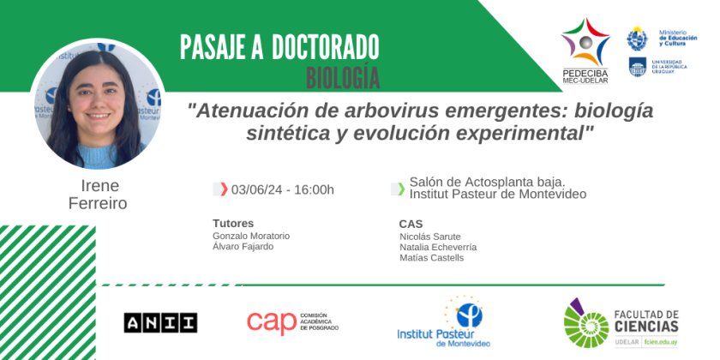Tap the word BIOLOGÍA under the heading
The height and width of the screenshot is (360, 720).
point(343,79)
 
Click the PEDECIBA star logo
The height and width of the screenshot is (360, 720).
point(585,42)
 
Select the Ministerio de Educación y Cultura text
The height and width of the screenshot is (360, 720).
point(678,38)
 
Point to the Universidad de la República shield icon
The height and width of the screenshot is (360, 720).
point(638,67)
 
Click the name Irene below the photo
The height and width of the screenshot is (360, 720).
point(99,185)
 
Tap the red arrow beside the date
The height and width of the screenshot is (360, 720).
point(224,189)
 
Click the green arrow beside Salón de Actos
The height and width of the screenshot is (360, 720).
point(401,189)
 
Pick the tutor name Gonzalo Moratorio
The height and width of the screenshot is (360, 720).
point(251,236)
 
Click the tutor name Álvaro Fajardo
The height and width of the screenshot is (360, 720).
point(243,247)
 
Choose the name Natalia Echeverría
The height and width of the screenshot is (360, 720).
point(438,247)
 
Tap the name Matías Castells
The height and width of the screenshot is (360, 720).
point(432,258)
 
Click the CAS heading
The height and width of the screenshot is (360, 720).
point(411,224)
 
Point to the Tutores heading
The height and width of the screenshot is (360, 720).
point(233,224)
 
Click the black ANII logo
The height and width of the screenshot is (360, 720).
point(161,322)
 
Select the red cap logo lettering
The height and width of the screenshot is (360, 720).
point(272,322)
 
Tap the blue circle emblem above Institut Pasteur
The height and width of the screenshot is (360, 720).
point(470,315)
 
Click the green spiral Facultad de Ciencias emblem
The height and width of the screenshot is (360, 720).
point(586,323)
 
